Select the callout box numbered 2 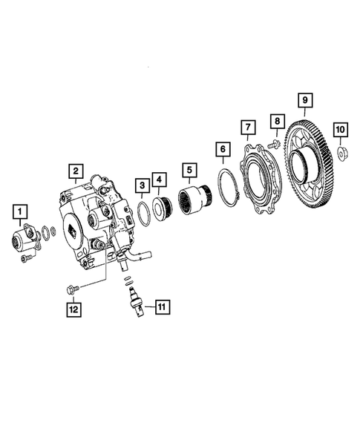(x=75, y=173)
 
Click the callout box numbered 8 (x=278, y=120)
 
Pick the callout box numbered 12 (x=73, y=308)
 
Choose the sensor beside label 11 (x=134, y=300)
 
